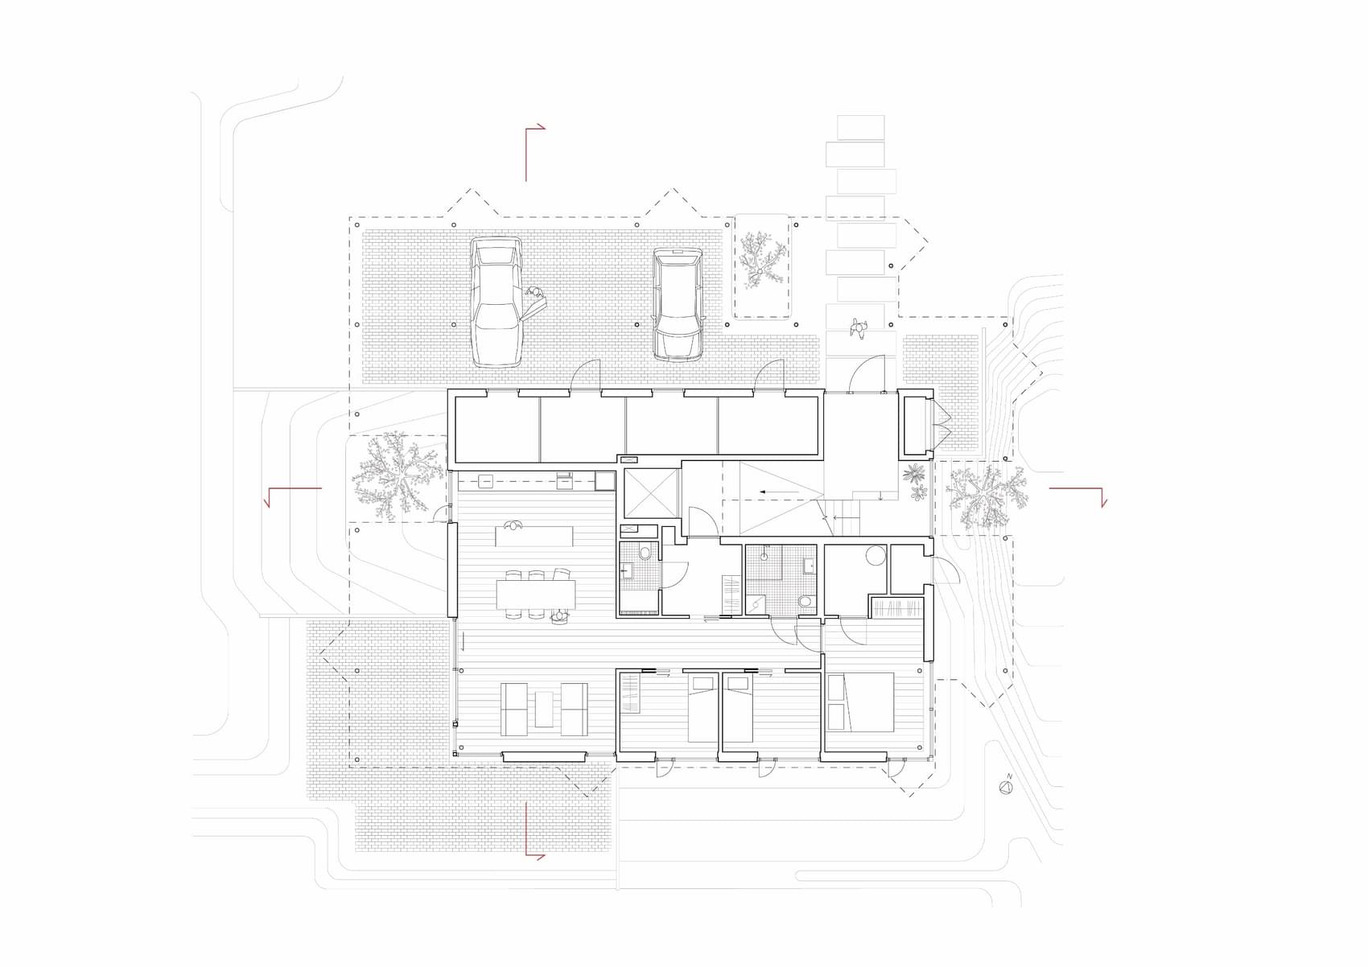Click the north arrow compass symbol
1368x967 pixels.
tap(1005, 788)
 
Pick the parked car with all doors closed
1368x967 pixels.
tap(678, 305)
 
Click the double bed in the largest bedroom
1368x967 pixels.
tap(860, 702)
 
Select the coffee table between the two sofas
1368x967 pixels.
tap(544, 709)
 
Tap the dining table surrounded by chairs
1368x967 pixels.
tap(536, 594)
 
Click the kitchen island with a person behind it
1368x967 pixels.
tap(534, 536)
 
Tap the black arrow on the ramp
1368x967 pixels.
tap(779, 492)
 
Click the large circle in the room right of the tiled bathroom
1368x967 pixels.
tap(876, 555)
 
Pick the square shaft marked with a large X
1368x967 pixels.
tap(651, 493)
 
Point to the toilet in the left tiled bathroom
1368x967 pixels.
tap(645, 553)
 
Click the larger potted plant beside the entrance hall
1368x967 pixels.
tap(913, 473)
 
